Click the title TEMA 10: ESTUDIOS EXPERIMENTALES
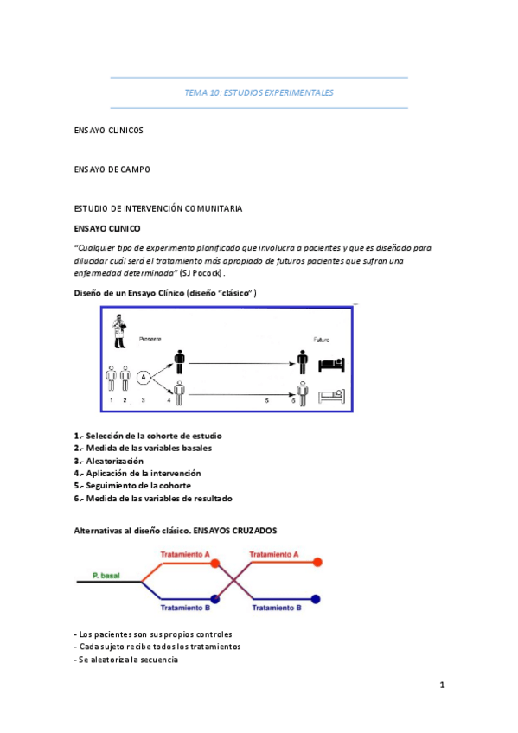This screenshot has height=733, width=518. (259, 92)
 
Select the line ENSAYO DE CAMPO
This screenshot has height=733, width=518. (112, 169)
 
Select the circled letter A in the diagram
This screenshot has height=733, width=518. (144, 376)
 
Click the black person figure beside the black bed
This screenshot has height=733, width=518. (302, 361)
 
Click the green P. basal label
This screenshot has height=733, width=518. (106, 575)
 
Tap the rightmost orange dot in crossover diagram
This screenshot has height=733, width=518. (317, 562)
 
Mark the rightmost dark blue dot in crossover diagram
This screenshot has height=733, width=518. (316, 598)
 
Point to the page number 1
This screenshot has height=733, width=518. (441, 685)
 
